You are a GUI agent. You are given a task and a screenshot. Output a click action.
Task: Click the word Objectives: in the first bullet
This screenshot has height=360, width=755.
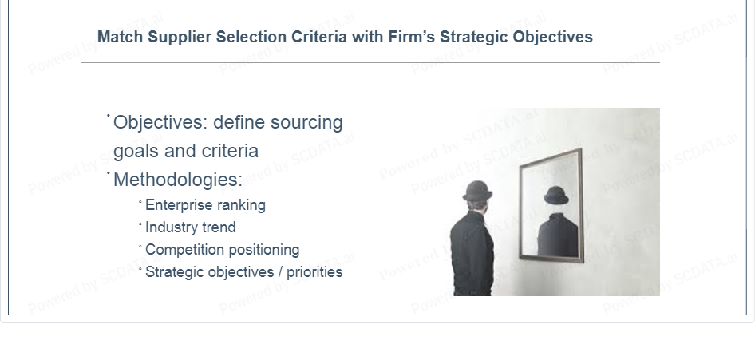[x=160, y=122]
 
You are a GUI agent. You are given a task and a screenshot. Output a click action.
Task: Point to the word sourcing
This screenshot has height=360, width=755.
[x=306, y=123]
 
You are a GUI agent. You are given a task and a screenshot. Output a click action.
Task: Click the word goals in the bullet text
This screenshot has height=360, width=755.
[x=136, y=152]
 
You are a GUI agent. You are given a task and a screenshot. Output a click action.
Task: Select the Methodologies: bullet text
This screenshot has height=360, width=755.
[x=178, y=180]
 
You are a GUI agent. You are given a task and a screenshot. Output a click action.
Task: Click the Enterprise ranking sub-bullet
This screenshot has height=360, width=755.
[x=205, y=205]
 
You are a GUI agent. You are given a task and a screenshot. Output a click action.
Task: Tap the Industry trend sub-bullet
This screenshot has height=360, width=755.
[x=190, y=227]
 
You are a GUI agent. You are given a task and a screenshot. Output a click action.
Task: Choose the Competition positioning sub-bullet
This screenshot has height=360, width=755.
[x=222, y=250]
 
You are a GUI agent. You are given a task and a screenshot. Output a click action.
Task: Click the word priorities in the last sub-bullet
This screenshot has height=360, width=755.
[x=314, y=272]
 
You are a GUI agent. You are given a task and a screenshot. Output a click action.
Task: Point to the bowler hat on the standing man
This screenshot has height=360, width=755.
[x=477, y=191]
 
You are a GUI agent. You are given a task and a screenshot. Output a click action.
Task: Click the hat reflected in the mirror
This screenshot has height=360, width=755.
[x=556, y=196]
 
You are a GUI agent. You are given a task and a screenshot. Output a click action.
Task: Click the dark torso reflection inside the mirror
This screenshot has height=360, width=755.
[x=558, y=235]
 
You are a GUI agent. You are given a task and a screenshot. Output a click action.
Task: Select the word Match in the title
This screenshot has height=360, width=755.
[x=120, y=37]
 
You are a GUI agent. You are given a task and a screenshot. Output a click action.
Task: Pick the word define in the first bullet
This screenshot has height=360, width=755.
[x=239, y=122]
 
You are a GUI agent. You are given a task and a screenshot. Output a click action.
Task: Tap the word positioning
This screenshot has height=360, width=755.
[x=262, y=251]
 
